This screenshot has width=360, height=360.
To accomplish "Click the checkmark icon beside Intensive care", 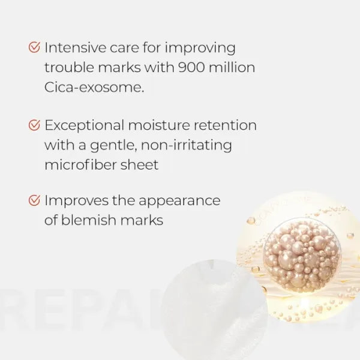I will click(x=35, y=48).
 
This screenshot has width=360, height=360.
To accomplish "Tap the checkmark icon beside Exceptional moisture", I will click(x=35, y=125).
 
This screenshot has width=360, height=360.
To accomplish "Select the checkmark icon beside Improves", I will click(x=35, y=200).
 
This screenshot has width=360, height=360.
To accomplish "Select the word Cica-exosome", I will click(x=94, y=87).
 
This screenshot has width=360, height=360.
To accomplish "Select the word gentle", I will click(x=118, y=145).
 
